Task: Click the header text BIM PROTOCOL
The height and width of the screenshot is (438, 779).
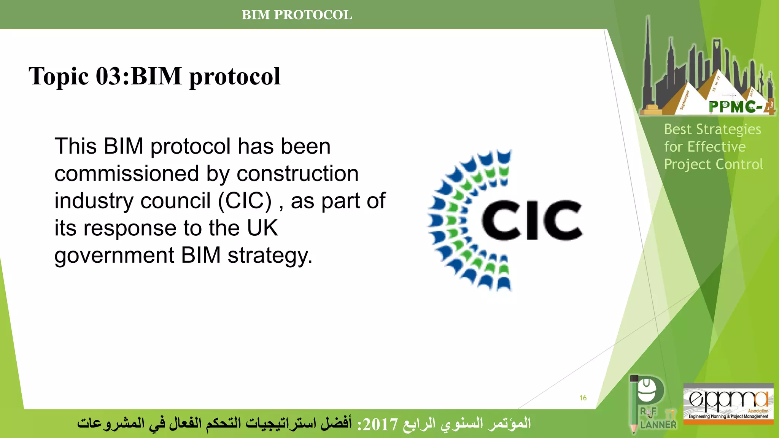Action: point(297,15)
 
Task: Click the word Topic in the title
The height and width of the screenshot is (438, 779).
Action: point(59,76)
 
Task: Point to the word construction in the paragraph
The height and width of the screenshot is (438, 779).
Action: point(297,174)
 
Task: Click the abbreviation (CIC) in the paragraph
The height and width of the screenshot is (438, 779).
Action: point(245,201)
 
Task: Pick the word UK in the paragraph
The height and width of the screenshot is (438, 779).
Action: point(262,228)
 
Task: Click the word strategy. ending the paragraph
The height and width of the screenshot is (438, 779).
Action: point(270,255)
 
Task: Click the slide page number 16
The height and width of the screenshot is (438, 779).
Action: point(583,398)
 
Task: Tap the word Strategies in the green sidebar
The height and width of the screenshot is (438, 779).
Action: point(728,130)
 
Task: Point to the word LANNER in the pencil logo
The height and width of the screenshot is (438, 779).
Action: point(658,425)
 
